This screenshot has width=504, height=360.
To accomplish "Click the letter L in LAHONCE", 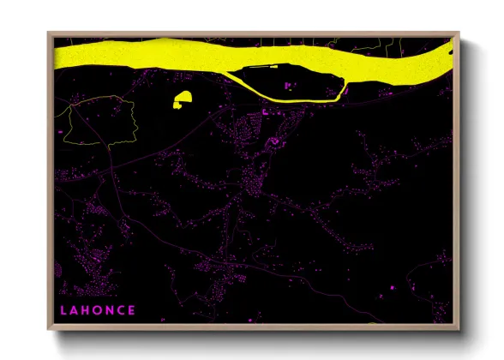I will pyautogui.click(x=63, y=309).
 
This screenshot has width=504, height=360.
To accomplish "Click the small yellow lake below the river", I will pyautogui.click(x=182, y=100).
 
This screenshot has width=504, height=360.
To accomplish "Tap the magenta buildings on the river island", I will pyautogui.click(x=287, y=85).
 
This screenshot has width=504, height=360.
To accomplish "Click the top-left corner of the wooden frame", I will pyautogui.click(x=50, y=33).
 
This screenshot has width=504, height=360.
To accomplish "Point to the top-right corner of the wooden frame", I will pyautogui.click(x=459, y=33).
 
